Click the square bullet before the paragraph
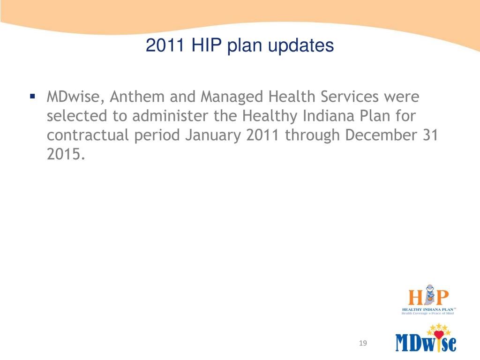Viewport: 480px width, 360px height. tap(32, 97)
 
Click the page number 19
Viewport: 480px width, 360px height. tap(361, 344)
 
